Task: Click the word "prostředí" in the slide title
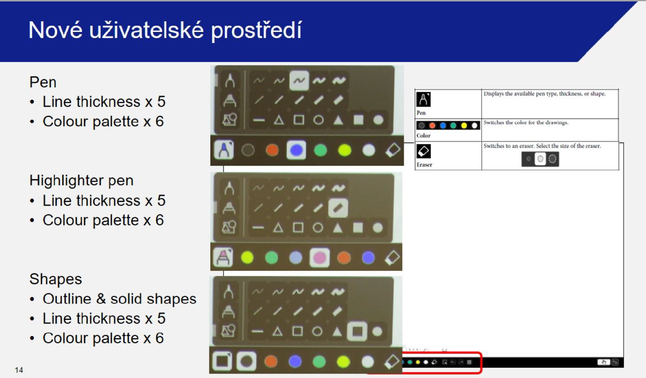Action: [x=256, y=31]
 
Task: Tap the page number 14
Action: [x=19, y=370]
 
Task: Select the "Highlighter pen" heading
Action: [x=81, y=181]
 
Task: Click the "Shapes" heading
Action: [x=55, y=279]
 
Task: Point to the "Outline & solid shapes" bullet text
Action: [x=119, y=299]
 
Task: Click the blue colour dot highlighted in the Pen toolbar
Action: [x=296, y=150]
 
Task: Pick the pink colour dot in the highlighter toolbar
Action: [x=319, y=257]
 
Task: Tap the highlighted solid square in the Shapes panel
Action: [x=357, y=331]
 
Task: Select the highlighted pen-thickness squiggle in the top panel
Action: [x=299, y=80]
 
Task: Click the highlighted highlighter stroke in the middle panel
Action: [x=338, y=208]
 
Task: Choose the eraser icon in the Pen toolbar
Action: [x=393, y=150]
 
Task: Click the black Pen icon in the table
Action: [x=423, y=99]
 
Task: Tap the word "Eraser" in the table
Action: [x=424, y=165]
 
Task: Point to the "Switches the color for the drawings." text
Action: [x=526, y=123]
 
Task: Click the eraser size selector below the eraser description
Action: [x=540, y=159]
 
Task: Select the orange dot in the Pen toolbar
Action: [x=272, y=150]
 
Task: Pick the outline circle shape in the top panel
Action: [x=319, y=120]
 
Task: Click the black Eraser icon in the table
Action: [x=423, y=151]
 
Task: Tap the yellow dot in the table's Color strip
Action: [x=464, y=125]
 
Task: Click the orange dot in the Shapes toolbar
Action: [x=271, y=362]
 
